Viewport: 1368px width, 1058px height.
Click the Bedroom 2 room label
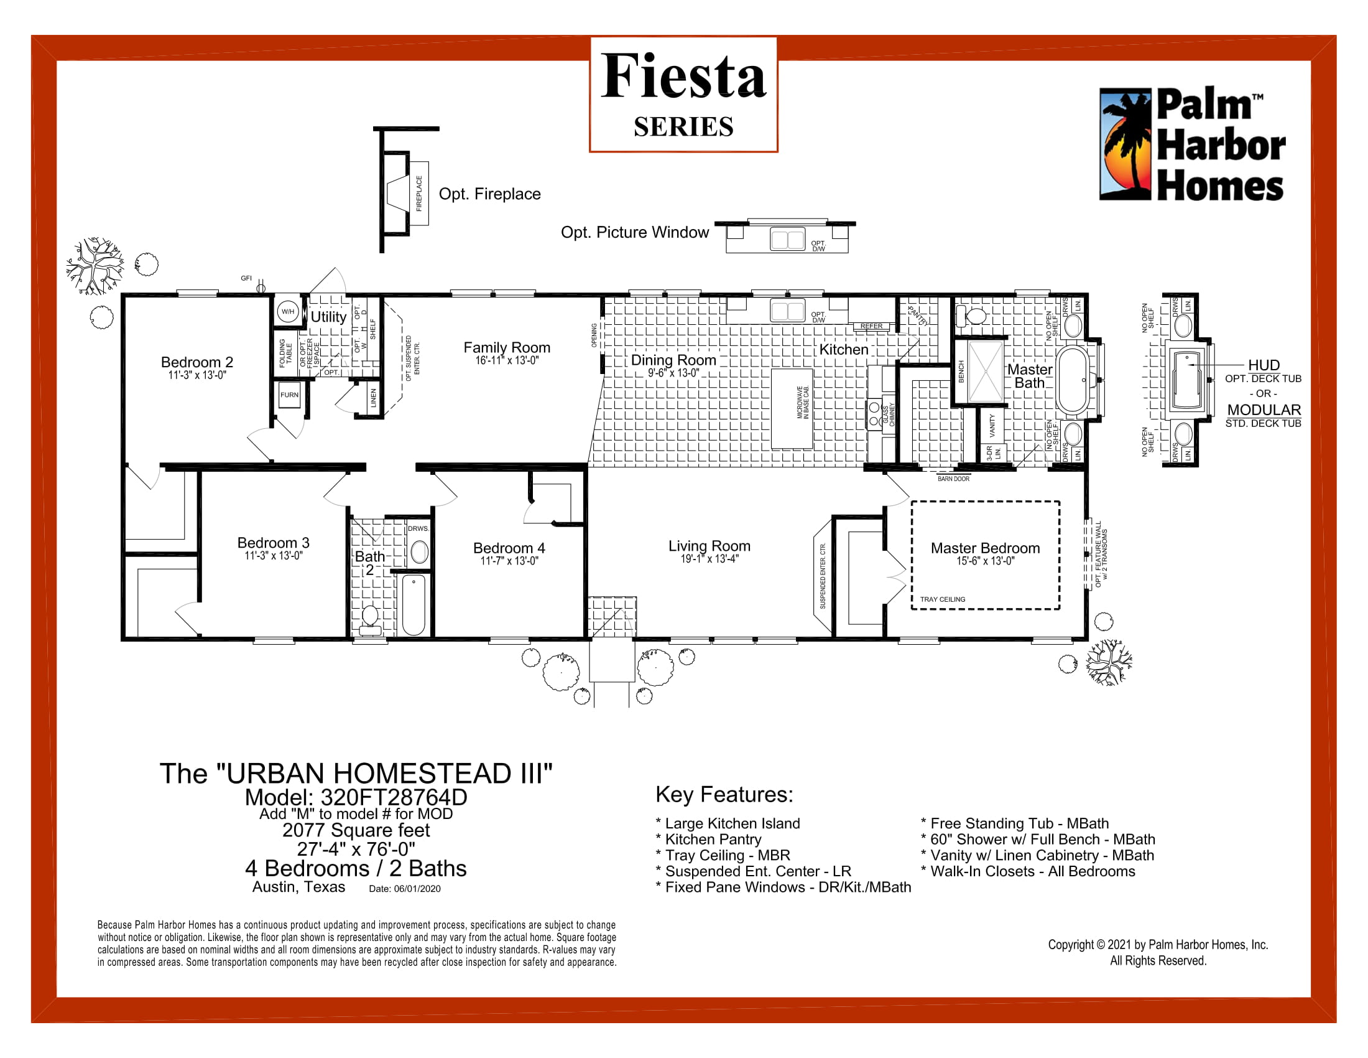click(x=196, y=362)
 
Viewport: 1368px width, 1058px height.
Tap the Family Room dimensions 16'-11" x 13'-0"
click(x=507, y=361)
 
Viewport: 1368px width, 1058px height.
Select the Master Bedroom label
click(x=985, y=548)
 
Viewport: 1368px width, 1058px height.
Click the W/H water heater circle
click(x=287, y=312)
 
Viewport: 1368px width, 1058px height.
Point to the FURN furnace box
click(x=289, y=395)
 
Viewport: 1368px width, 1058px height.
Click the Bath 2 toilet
click(x=370, y=617)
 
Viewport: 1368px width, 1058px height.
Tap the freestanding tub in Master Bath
click(x=1073, y=380)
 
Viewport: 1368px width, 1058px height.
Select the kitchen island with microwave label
click(x=792, y=409)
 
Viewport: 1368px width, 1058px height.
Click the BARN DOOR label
click(x=953, y=479)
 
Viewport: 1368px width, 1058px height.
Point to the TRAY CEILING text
click(x=942, y=600)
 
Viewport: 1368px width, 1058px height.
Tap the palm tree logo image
click(x=1125, y=144)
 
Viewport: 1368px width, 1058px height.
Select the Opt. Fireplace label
click(x=489, y=194)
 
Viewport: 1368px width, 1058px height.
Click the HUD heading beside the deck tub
click(x=1264, y=365)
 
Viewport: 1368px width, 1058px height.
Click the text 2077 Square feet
click(x=356, y=830)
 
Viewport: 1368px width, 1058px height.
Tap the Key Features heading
click(x=724, y=795)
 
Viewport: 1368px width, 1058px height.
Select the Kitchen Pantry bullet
click(x=713, y=840)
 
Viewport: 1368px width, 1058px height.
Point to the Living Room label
click(x=709, y=546)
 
